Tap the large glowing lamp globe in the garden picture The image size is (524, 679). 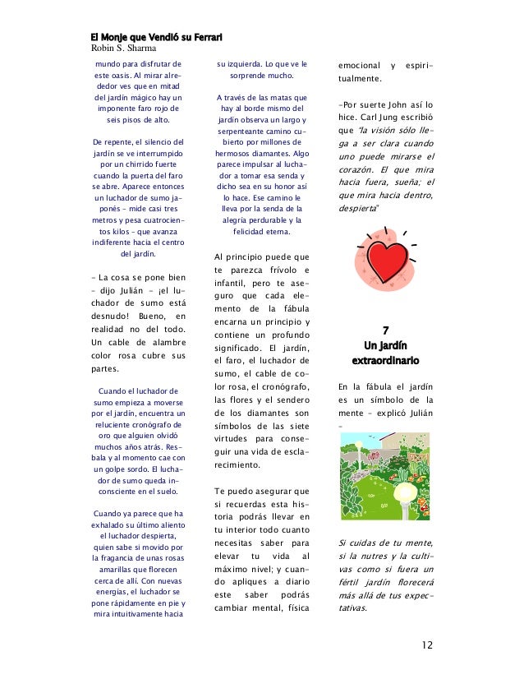406,495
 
